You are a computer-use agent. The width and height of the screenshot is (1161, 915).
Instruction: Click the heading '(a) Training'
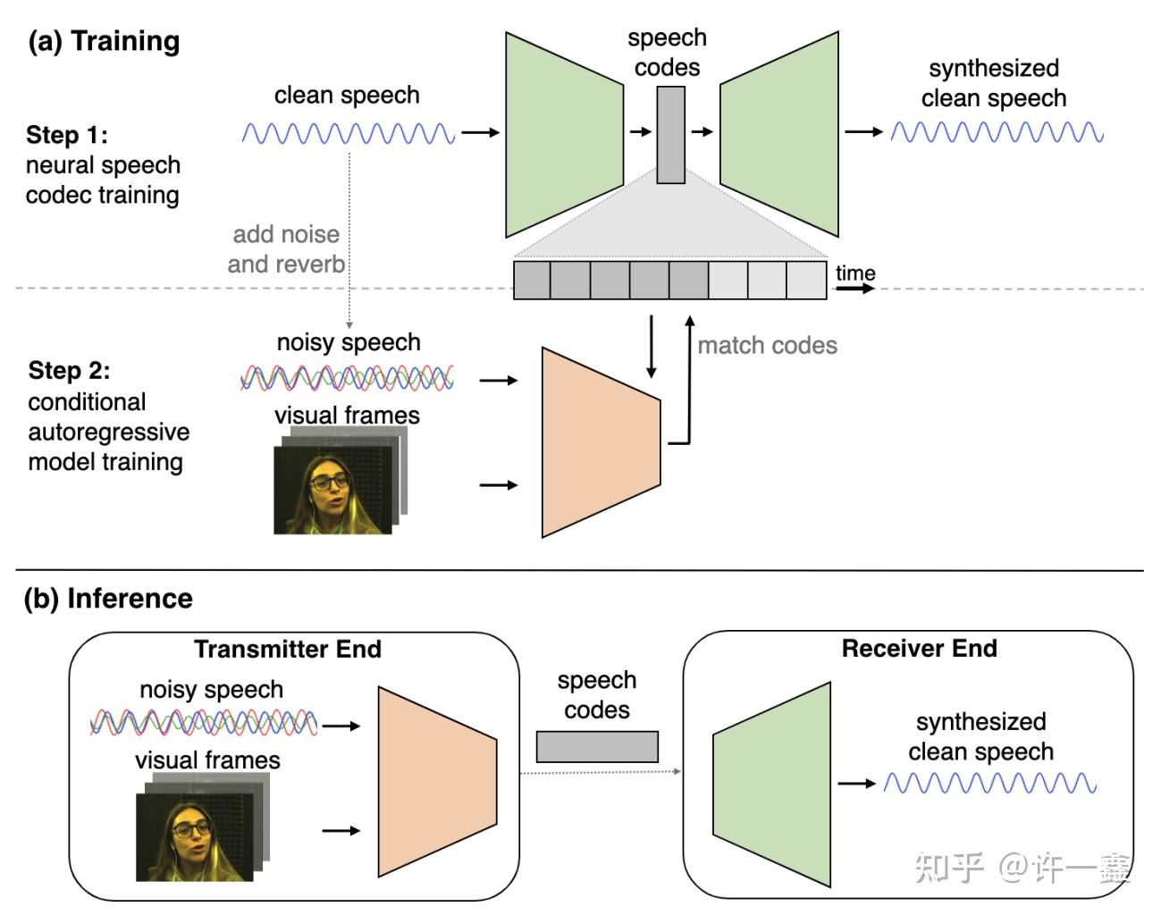(104, 41)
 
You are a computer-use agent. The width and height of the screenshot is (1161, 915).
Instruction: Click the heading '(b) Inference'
(108, 598)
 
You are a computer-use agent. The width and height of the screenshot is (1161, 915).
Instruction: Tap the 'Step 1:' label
(67, 135)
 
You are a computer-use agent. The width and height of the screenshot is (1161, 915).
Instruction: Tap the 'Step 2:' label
(69, 371)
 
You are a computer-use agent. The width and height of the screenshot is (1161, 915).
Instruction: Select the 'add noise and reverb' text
(286, 249)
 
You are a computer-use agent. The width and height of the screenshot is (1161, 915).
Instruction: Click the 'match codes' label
(767, 346)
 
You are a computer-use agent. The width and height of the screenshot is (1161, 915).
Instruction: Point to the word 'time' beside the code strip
(855, 273)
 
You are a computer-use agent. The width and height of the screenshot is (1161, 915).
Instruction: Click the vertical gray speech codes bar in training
(670, 135)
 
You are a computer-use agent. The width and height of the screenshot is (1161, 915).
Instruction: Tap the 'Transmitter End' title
(288, 649)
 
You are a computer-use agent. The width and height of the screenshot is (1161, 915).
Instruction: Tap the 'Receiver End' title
(919, 648)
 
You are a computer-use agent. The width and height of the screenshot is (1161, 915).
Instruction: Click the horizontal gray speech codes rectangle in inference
(597, 746)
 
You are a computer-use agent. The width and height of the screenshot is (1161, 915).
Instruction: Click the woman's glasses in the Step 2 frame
(330, 483)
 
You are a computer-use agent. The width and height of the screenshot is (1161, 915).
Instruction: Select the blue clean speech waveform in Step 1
(349, 134)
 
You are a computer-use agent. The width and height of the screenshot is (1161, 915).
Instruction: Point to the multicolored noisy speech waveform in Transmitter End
(204, 722)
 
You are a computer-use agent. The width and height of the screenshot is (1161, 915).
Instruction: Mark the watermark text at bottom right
(1022, 867)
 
